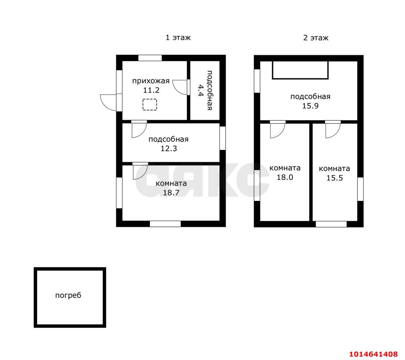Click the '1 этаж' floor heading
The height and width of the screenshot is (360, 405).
click(178, 37)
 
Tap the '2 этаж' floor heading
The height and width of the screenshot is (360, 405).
click(316, 38)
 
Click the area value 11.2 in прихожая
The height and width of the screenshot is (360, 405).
click(151, 90)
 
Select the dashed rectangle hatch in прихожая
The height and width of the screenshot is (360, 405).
click(150, 104)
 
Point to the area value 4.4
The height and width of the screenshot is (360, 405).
click(200, 90)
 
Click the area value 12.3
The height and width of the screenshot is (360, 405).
click(169, 148)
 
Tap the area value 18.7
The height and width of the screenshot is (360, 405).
click(171, 192)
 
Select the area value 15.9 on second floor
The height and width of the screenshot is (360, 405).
click(310, 106)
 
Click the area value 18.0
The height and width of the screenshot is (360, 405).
click(285, 177)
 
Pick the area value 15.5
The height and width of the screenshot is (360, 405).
click(334, 178)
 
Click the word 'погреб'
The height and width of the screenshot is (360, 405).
click(68, 295)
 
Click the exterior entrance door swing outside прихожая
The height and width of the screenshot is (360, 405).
click(108, 102)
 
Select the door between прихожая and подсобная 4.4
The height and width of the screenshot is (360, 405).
click(180, 87)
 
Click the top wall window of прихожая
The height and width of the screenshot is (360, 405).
click(150, 58)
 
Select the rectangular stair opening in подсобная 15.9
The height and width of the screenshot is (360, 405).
click(300, 70)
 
